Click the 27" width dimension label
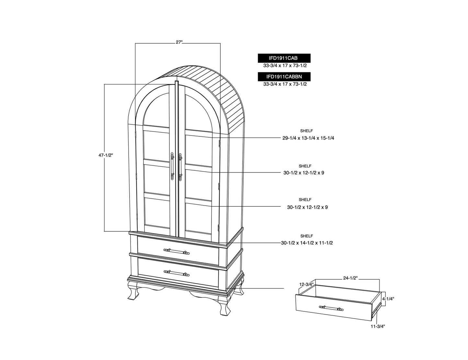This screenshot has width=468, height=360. (x=179, y=42)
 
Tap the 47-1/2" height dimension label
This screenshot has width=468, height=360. (x=106, y=155)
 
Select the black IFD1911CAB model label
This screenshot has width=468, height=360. (x=284, y=58)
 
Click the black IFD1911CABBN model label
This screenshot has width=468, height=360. (x=284, y=77)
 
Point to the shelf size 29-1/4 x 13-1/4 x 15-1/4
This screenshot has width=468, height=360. (x=308, y=138)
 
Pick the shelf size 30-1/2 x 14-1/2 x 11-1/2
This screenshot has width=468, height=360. (x=307, y=243)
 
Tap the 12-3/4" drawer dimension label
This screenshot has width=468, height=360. (x=306, y=285)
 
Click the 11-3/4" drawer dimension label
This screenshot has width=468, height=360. (x=378, y=326)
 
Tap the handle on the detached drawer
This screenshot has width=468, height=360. (x=331, y=308)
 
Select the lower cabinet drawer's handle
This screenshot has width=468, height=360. (x=177, y=273)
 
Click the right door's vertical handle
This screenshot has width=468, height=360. (x=180, y=167)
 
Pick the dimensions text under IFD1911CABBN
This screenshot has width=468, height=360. (x=285, y=84)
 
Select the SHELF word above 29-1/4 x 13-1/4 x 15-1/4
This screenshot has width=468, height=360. (x=306, y=131)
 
